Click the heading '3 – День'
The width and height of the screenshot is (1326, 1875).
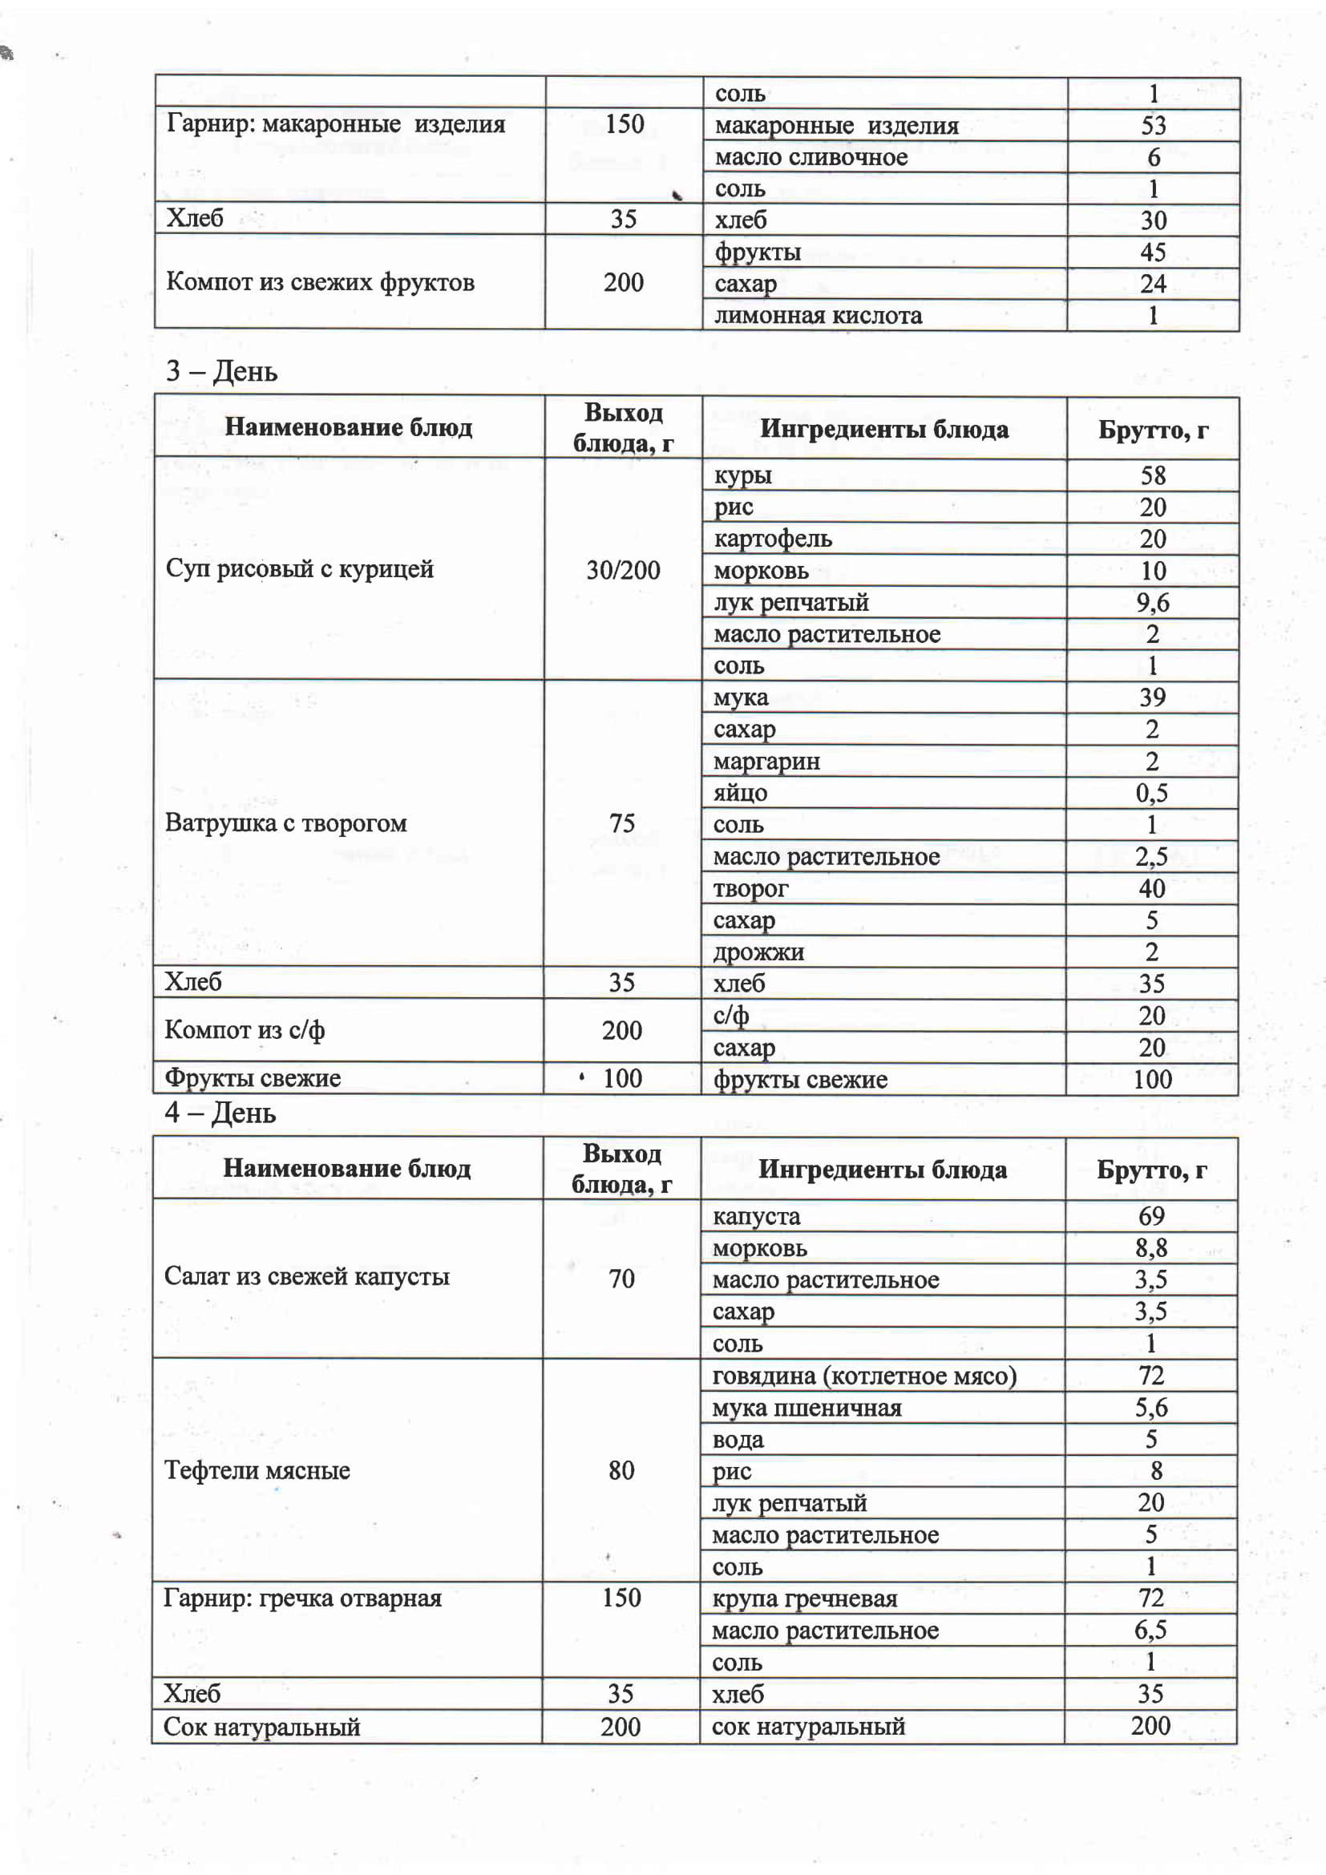(221, 372)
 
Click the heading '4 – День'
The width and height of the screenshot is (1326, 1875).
(220, 1113)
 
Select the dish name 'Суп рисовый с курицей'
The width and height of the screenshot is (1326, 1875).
(299, 568)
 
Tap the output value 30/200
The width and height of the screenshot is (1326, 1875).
(623, 570)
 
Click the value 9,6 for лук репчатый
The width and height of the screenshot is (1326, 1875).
(1152, 603)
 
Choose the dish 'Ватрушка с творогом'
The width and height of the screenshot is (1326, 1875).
(285, 822)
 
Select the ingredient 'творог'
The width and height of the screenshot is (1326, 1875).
(750, 888)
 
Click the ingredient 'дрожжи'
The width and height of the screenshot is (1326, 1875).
(758, 952)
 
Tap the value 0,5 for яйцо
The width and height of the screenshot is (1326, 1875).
(1151, 793)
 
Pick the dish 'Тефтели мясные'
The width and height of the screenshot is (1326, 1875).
(257, 1470)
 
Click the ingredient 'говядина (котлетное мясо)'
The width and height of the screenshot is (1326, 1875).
(864, 1376)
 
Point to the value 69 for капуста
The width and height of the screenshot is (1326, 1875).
(1151, 1216)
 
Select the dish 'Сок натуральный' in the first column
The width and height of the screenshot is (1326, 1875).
(261, 1727)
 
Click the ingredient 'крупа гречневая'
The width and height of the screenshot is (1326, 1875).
(804, 1598)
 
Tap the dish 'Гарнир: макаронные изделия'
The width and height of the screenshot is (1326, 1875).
(336, 124)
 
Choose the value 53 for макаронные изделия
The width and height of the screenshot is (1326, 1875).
(1153, 125)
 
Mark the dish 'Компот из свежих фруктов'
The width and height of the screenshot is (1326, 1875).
(320, 282)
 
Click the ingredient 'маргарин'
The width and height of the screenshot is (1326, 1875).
(766, 761)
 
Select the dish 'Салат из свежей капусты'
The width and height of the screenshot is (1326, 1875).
(306, 1276)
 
